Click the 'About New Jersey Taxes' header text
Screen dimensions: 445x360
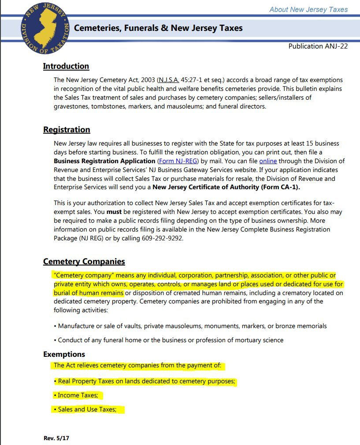point(308,9)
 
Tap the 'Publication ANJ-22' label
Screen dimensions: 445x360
point(318,46)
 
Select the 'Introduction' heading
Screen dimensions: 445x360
point(66,66)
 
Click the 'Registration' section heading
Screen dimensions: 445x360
point(67,130)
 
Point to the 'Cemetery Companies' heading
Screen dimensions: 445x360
point(84,262)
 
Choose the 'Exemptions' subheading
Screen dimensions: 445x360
point(64,354)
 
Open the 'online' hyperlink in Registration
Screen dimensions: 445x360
point(268,161)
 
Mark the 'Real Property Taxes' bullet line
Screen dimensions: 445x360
point(145,381)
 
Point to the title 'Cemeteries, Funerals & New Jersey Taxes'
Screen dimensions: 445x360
point(158,28)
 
